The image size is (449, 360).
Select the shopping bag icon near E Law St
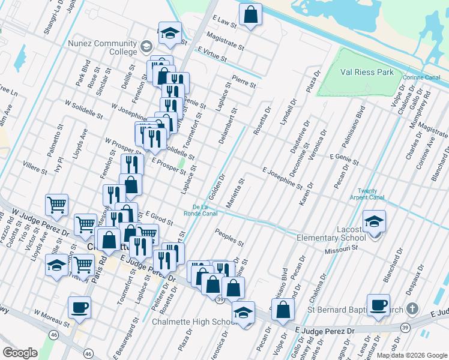pos(250,14)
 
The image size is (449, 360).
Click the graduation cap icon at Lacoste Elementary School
pos(375,223)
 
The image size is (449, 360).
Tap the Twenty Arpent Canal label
pos(370,194)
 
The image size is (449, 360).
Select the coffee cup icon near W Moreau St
pos(79,308)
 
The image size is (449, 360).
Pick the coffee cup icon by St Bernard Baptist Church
pos(378,305)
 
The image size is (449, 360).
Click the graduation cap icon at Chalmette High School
pos(243,313)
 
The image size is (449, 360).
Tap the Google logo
pos(20,353)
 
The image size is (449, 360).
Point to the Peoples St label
pos(229,239)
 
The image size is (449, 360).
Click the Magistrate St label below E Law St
pos(224,41)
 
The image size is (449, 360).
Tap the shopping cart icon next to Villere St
pos(56,205)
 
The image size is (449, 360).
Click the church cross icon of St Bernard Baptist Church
pos(412,309)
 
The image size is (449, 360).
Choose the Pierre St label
pos(243,82)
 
